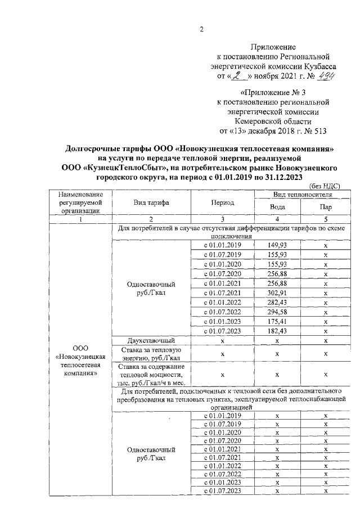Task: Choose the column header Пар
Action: pyautogui.click(x=325, y=206)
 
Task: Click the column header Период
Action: pyautogui.click(x=222, y=202)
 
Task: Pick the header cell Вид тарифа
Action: pyautogui.click(x=152, y=202)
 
